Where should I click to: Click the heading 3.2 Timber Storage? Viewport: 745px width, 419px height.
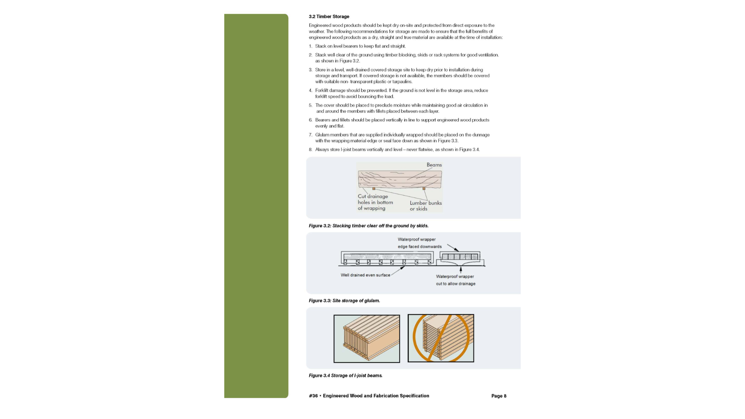coord(329,17)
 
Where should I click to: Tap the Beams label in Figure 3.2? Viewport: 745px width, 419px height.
coord(434,165)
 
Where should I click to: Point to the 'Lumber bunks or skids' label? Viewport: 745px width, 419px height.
coord(425,206)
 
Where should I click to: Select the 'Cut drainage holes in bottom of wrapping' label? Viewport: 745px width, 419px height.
coord(375,202)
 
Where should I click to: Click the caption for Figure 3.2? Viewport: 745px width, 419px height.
coord(368,226)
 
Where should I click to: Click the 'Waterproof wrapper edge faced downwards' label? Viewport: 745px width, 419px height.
coord(419,243)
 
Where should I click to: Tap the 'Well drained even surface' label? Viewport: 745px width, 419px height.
coord(365,275)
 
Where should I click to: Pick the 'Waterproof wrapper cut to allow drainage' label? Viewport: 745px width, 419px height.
coord(455,280)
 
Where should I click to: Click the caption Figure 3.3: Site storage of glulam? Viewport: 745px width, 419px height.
coord(344,301)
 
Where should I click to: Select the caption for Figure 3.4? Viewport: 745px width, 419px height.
coord(345,376)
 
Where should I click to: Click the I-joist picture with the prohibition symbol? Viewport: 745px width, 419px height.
coord(441,338)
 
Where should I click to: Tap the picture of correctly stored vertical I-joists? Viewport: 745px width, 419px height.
coord(367,339)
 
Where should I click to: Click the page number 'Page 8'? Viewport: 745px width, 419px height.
coord(499,396)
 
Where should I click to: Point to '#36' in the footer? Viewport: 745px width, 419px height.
coord(313,396)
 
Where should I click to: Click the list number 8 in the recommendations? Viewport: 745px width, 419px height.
coord(310,150)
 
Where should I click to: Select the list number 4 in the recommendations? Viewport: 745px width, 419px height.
coord(310,91)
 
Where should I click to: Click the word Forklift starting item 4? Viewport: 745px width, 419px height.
coord(322,91)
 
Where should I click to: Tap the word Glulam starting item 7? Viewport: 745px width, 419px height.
coord(322,135)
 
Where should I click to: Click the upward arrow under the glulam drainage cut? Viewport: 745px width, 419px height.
coord(461,269)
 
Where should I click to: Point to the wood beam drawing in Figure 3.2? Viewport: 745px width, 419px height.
coord(400,180)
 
